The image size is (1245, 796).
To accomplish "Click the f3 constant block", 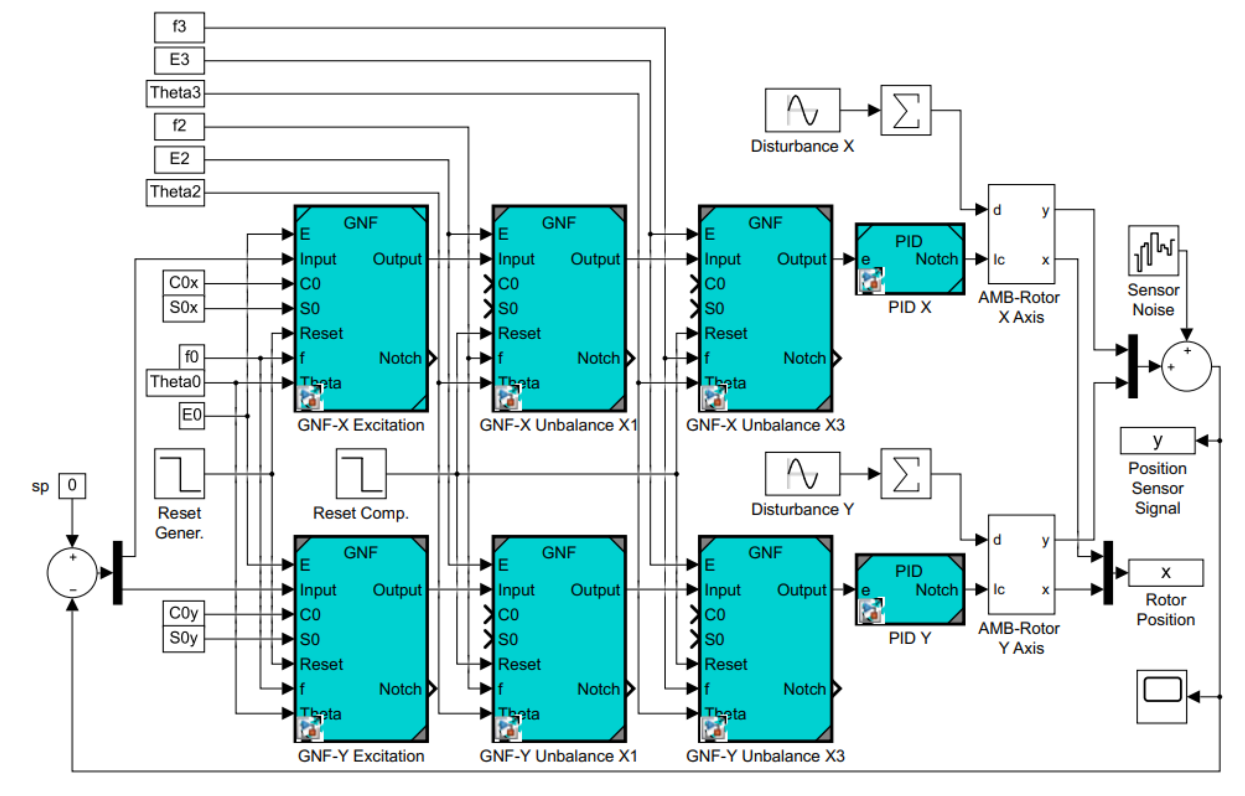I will click(x=179, y=27).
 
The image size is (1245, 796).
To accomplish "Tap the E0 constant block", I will click(x=191, y=415).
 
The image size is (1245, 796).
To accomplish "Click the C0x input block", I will click(x=183, y=283).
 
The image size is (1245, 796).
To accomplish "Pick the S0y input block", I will click(x=183, y=639).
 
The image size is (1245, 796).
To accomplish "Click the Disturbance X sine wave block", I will click(x=802, y=110).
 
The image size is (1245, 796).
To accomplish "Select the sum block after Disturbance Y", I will click(x=905, y=474).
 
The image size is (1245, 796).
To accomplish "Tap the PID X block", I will click(x=910, y=259).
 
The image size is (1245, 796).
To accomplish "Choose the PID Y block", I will click(x=910, y=590).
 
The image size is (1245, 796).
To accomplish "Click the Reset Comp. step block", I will click(x=361, y=474).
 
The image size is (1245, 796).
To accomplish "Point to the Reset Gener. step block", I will click(x=179, y=474).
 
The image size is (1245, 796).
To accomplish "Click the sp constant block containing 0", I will click(x=72, y=486).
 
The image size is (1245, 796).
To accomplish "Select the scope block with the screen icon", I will click(x=1161, y=696).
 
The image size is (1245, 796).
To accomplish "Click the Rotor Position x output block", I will click(x=1165, y=572).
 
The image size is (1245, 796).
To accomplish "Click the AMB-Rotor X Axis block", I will click(x=1021, y=234).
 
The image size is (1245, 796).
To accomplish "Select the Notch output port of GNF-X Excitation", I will click(x=432, y=358).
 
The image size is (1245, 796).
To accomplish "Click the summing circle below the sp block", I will click(x=72, y=572).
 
